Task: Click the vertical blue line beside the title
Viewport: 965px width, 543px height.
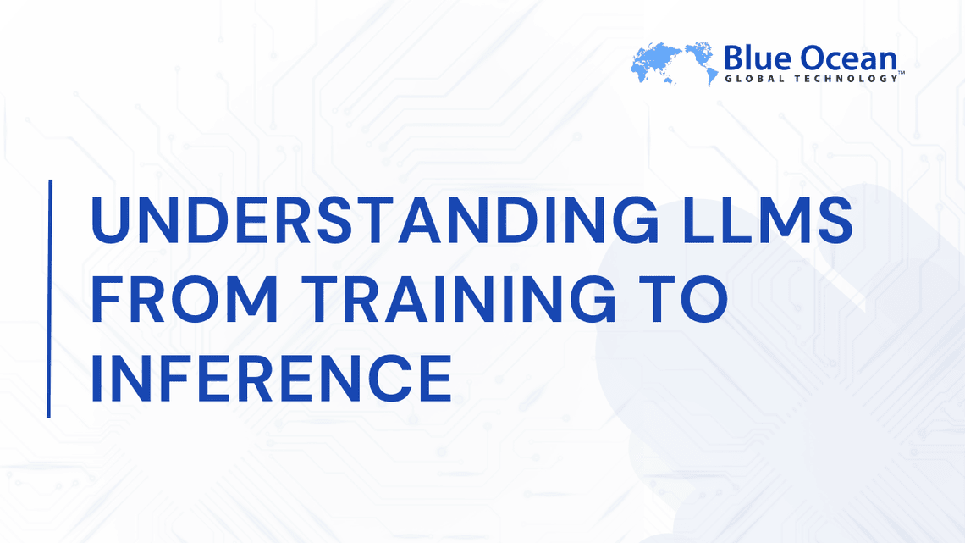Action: (x=49, y=298)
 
